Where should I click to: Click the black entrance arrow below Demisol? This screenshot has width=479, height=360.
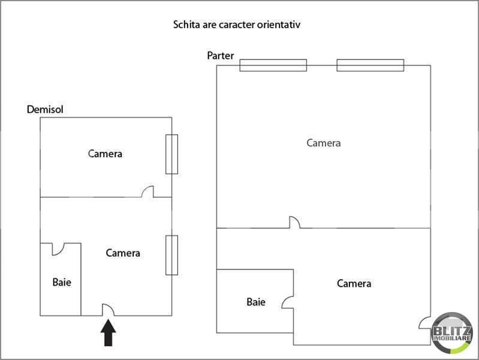point(108,333)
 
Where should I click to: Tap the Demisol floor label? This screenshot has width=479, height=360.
point(45,109)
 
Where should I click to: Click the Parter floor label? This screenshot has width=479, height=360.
point(220,55)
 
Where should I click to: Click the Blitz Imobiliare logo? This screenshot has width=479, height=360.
point(452,333)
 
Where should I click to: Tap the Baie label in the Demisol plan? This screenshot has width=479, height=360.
point(62,282)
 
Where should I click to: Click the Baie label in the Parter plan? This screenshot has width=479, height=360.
point(256,302)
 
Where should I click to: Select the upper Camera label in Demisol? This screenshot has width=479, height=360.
point(105,154)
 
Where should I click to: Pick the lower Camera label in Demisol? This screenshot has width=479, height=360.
point(123,253)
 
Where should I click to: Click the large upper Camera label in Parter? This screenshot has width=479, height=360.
point(324,143)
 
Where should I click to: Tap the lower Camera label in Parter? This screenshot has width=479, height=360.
point(354,283)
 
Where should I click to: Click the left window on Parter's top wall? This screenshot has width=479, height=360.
point(273,65)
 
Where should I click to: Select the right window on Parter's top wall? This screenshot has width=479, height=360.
point(370,65)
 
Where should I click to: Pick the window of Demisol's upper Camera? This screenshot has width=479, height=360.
point(171,154)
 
